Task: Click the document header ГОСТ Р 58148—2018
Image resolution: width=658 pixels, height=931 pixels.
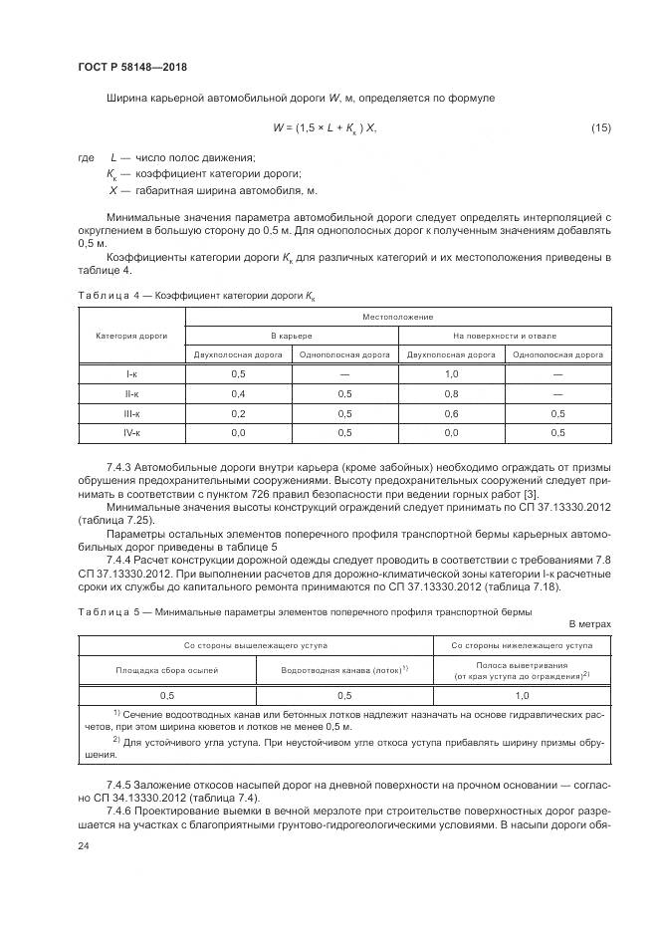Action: (131, 67)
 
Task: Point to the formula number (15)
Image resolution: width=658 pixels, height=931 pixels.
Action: (600, 128)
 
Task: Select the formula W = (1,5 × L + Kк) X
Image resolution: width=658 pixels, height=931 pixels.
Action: (325, 128)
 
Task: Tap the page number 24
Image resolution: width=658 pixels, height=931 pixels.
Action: (83, 845)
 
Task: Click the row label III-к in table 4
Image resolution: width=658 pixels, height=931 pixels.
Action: (131, 413)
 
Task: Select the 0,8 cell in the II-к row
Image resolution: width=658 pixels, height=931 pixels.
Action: (451, 393)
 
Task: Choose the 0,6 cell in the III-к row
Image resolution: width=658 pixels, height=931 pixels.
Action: (451, 413)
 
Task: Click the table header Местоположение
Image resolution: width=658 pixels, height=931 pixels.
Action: (398, 317)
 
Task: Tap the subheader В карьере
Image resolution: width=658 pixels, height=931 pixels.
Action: (292, 336)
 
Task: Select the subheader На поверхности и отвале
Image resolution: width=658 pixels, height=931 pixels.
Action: (505, 336)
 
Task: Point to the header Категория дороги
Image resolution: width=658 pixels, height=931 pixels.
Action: (131, 336)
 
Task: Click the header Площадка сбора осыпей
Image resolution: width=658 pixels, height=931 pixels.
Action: (167, 671)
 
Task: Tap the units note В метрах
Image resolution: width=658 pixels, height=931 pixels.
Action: (589, 623)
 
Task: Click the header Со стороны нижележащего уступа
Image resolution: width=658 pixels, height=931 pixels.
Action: (522, 645)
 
